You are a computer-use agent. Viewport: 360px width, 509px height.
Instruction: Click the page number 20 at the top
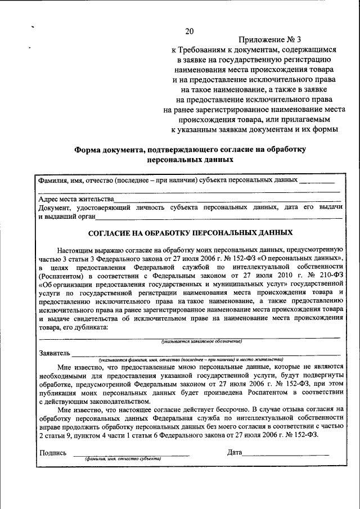click(x=189, y=30)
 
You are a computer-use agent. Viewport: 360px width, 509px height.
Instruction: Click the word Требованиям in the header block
click(x=203, y=49)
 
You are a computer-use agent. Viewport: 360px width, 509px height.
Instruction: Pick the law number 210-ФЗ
click(x=328, y=276)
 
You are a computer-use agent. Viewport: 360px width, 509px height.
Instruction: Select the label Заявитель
click(x=55, y=353)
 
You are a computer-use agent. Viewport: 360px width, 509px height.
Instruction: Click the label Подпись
click(x=53, y=452)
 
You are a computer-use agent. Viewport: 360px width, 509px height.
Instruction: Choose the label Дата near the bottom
click(x=235, y=452)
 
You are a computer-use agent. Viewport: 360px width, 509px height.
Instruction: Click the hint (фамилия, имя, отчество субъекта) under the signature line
click(x=123, y=460)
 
